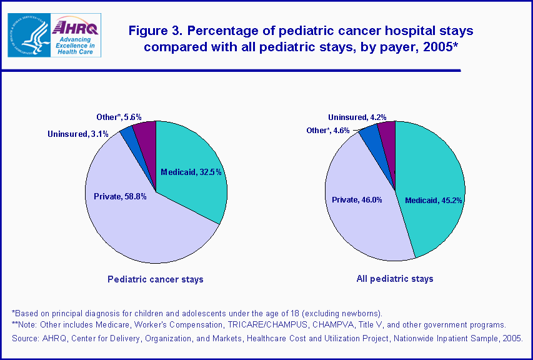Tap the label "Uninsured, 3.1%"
78,134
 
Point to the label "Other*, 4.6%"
329,130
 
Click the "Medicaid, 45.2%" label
434,201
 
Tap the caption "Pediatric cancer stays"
156,279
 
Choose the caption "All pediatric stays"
395,279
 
